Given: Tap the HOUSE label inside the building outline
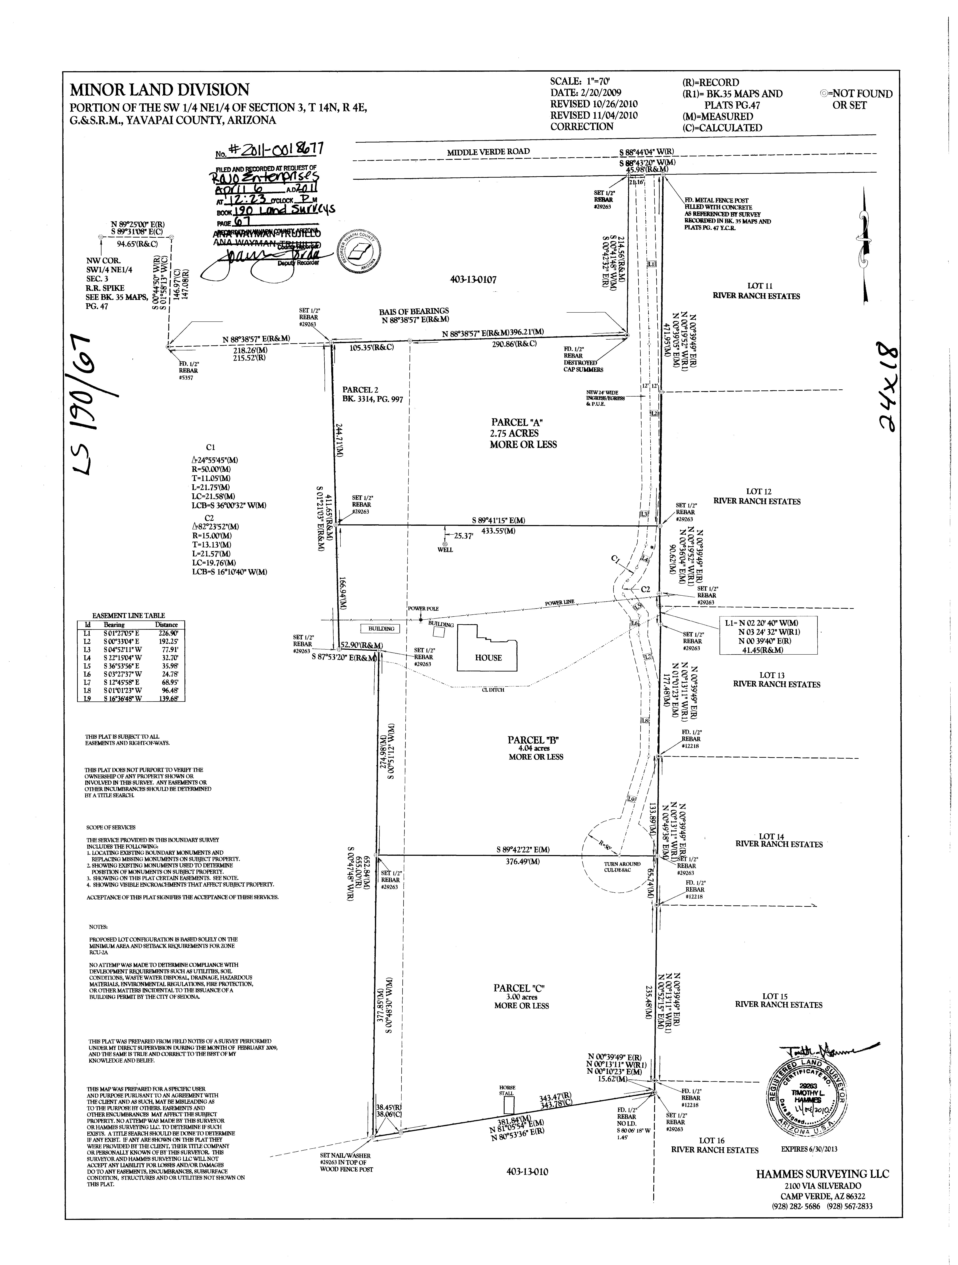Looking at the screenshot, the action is (x=488, y=658).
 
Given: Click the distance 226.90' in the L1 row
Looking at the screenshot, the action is (x=166, y=633).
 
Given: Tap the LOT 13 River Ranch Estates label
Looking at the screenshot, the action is (x=776, y=679).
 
